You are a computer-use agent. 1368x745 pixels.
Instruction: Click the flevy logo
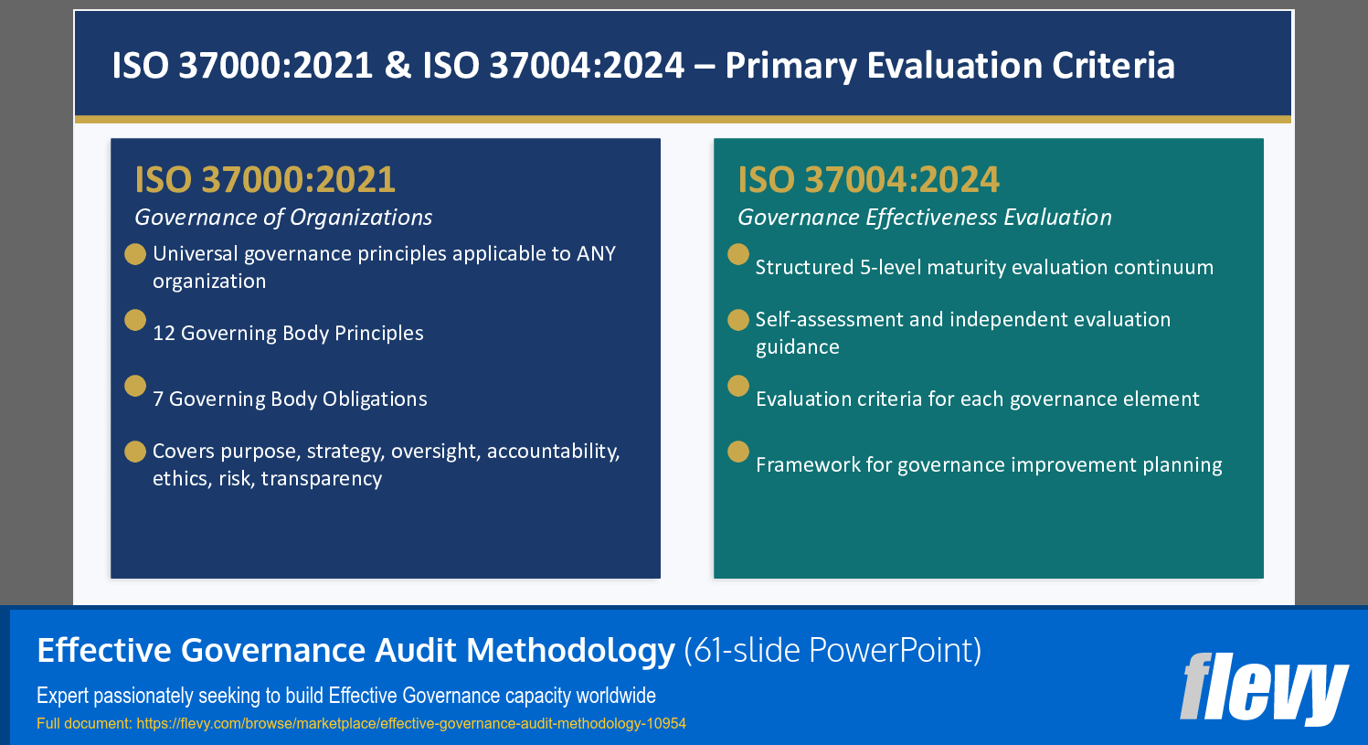(x=1264, y=688)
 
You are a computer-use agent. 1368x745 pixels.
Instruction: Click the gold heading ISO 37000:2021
(x=265, y=179)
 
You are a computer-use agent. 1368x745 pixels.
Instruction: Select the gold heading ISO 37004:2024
(x=868, y=179)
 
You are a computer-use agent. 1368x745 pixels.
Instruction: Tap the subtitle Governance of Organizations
(x=283, y=218)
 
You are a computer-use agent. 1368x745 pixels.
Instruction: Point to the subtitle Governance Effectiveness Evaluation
(x=924, y=218)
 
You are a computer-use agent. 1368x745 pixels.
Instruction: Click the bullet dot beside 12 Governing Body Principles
(x=135, y=320)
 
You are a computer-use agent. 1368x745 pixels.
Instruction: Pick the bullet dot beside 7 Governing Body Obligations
(x=135, y=386)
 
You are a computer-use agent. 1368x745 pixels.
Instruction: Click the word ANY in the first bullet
(x=596, y=254)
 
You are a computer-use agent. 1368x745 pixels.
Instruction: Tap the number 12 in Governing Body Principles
(x=164, y=334)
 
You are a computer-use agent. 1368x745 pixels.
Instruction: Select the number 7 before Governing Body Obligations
(x=158, y=399)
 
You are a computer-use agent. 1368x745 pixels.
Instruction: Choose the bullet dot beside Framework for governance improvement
(x=738, y=452)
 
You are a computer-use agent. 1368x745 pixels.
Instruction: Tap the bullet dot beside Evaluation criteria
(x=738, y=386)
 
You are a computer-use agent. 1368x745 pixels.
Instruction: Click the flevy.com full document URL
(x=411, y=724)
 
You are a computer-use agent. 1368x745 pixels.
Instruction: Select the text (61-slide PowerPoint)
(x=832, y=650)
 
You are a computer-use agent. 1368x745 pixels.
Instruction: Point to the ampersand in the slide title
(x=398, y=66)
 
